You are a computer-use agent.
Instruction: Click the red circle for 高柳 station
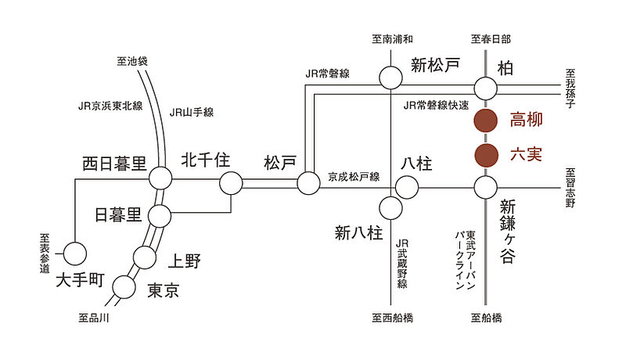pyautogui.click(x=486, y=121)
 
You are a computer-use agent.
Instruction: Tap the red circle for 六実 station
pyautogui.click(x=486, y=155)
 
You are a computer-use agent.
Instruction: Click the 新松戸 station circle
pyautogui.click(x=390, y=77)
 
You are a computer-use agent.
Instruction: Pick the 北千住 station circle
pyautogui.click(x=231, y=184)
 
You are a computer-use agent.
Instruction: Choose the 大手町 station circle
pyautogui.click(x=75, y=253)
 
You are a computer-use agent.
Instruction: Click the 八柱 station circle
pyautogui.click(x=406, y=187)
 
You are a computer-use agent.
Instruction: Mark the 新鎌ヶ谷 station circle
pyautogui.click(x=486, y=187)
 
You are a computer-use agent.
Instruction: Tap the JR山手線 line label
pyautogui.click(x=192, y=112)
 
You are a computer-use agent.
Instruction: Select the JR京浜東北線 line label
pyautogui.click(x=110, y=104)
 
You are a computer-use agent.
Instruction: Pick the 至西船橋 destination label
pyautogui.click(x=392, y=318)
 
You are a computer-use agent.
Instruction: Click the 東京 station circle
pyautogui.click(x=124, y=287)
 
